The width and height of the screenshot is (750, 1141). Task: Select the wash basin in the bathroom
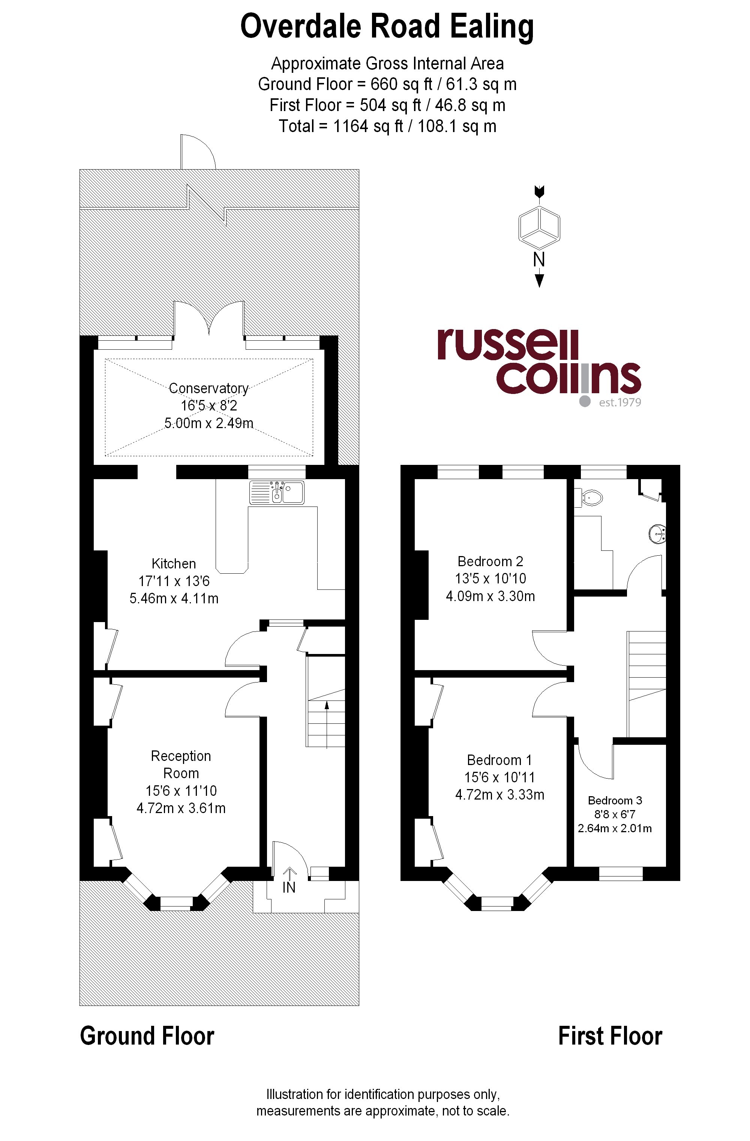[657, 534]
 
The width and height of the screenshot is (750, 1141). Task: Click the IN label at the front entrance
[289, 888]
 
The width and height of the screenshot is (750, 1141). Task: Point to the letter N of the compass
[539, 260]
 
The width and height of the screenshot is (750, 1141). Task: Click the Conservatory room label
[208, 388]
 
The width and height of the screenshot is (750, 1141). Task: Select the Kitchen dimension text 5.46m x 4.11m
[174, 598]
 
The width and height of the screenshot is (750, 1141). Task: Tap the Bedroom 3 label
[615, 800]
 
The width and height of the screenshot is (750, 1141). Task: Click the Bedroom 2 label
[490, 561]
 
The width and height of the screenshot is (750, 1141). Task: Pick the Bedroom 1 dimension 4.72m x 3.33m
[500, 794]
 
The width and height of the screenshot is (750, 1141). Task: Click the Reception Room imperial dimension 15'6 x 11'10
[181, 791]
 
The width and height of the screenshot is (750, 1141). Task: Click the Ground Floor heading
[147, 1036]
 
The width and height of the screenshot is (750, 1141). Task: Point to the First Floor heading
[610, 1036]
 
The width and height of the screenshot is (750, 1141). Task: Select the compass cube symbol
[539, 224]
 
